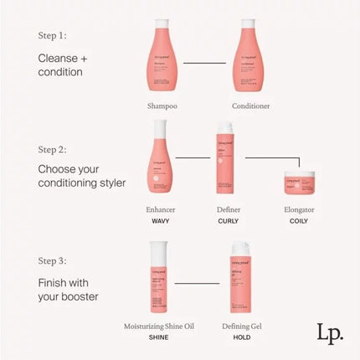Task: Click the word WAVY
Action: coord(162,221)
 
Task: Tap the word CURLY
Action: coord(228,221)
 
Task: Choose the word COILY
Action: coord(298,221)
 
